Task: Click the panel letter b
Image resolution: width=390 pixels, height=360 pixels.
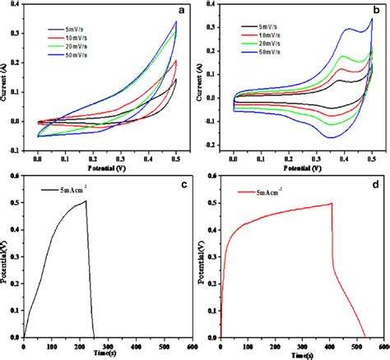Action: click(x=374, y=9)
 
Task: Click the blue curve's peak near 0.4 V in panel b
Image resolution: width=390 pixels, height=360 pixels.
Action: click(x=352, y=30)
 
